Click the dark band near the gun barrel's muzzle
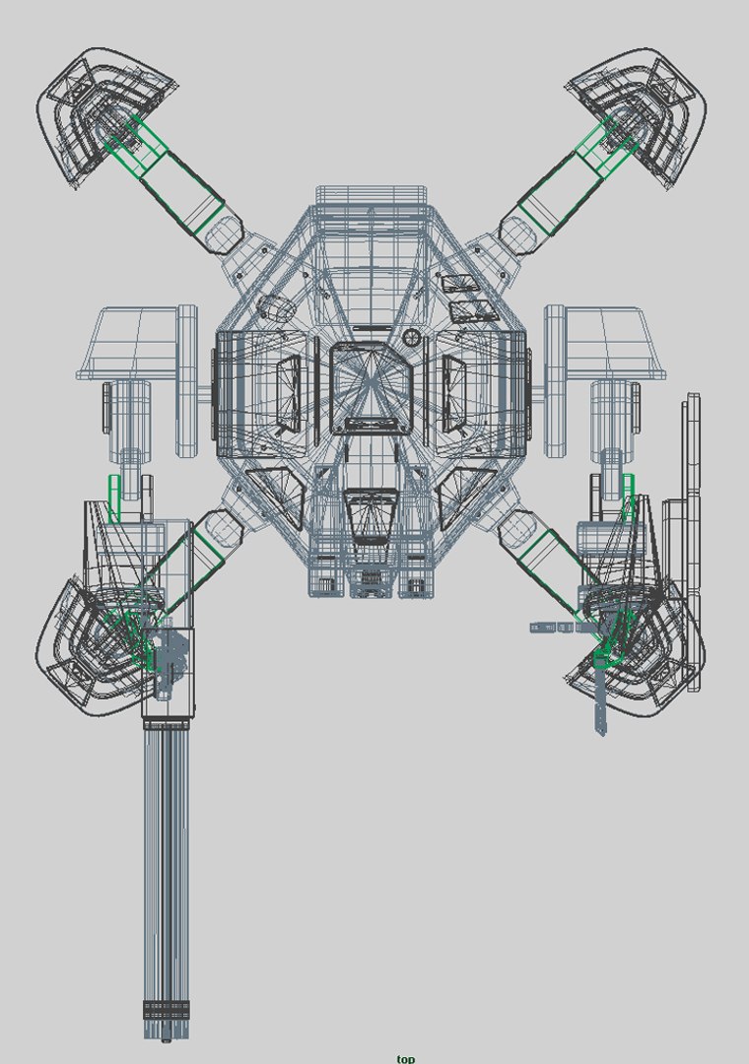[166, 1010]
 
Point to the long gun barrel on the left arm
[166, 867]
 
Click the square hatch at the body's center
[372, 388]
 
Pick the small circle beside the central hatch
[412, 338]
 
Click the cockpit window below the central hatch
[373, 517]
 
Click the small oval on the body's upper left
[276, 307]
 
